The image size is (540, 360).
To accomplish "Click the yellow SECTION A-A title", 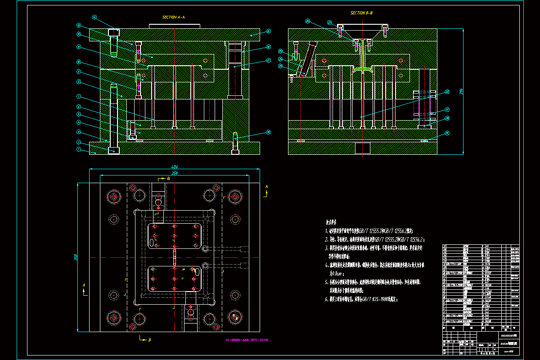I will point(173,17).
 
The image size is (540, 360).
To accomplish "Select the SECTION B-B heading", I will point(361,13).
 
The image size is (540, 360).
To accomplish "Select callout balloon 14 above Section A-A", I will point(94,18).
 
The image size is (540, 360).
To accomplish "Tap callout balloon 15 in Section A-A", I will point(268,31).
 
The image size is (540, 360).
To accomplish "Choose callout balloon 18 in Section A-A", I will point(268,132).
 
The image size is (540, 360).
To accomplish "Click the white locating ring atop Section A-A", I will point(174,26).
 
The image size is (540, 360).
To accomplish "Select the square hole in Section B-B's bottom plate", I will point(362,148).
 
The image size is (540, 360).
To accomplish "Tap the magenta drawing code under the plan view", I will point(247,340).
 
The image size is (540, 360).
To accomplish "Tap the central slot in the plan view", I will point(174,258).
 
